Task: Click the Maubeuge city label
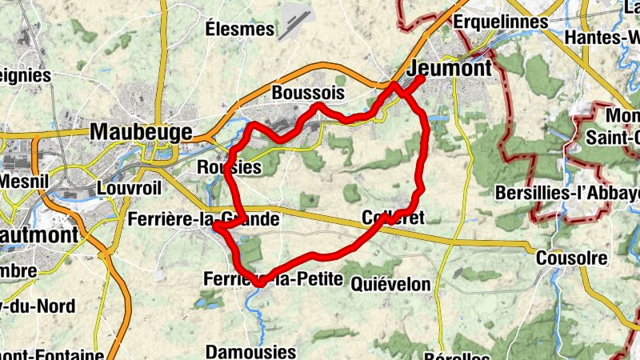point(142,131)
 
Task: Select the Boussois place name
point(308,94)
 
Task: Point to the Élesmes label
point(240,30)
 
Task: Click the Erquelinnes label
point(501,22)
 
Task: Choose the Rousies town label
point(229,168)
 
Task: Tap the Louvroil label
point(128,188)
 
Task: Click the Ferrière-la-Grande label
point(203,219)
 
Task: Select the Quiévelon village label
point(390,284)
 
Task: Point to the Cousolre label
point(571,258)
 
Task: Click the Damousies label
point(250,351)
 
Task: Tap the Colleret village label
point(391,218)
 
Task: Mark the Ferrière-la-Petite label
point(273,280)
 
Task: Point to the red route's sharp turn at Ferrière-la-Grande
point(216,228)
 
